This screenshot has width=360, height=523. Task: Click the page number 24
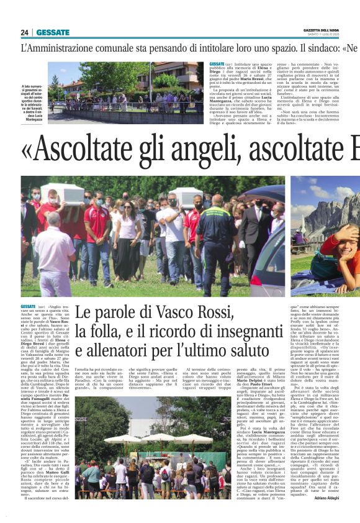click(25, 32)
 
